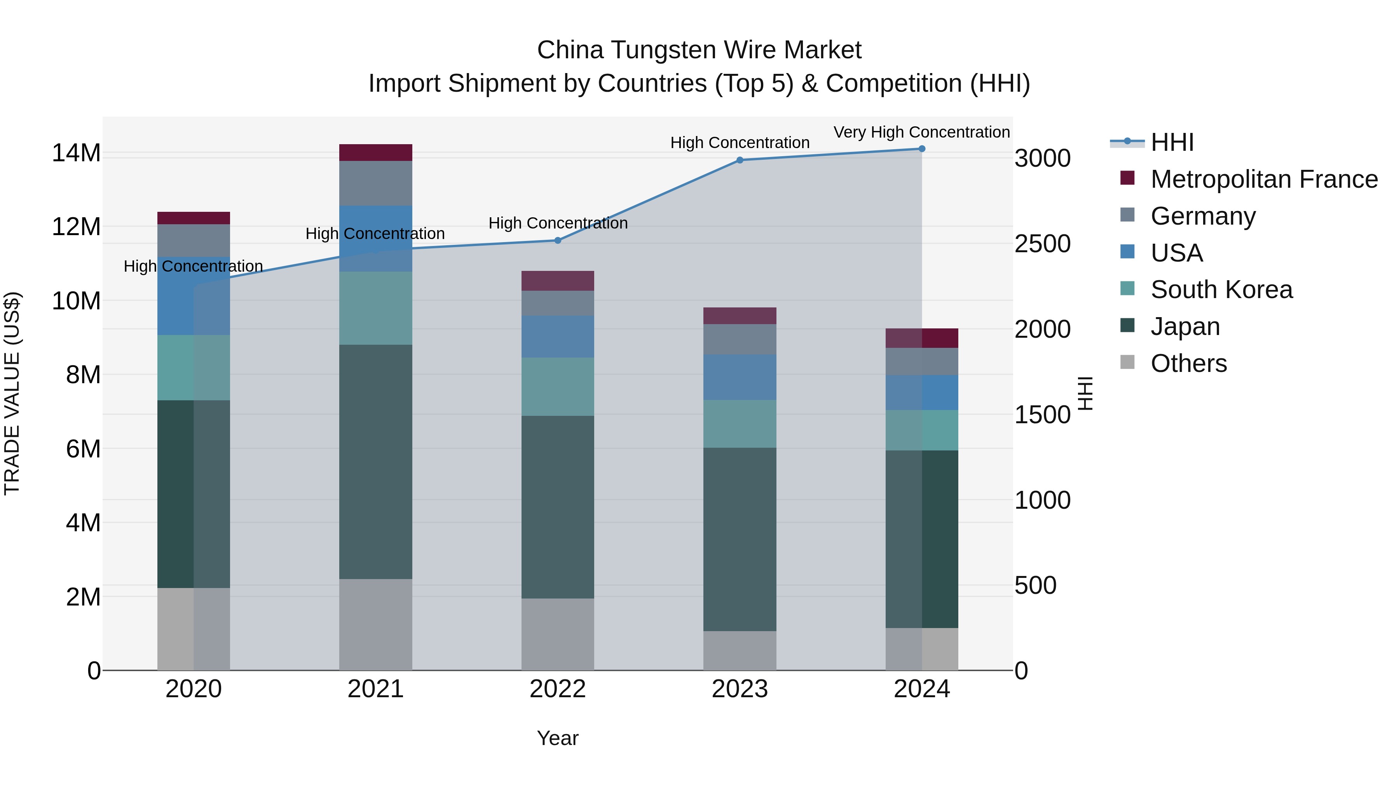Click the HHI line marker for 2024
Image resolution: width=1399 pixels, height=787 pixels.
922,149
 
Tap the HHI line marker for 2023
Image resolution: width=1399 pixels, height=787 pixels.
740,160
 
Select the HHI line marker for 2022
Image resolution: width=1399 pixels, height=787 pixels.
558,241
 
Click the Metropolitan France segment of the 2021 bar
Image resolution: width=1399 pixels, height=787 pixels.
375,153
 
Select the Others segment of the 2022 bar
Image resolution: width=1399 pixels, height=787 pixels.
558,634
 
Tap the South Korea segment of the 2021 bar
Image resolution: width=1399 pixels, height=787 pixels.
375,308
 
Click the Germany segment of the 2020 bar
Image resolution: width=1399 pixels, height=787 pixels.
194,240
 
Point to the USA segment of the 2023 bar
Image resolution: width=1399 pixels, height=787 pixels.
740,377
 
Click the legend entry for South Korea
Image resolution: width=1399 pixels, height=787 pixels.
1221,290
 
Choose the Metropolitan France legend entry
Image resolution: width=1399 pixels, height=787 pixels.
1263,179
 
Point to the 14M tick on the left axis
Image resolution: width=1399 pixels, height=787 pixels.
76,153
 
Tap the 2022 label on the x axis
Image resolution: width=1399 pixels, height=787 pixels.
558,689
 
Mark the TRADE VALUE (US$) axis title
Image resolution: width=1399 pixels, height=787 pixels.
12,393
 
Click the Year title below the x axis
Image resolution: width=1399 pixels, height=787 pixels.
558,738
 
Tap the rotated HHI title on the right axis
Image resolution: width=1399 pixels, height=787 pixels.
1085,393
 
